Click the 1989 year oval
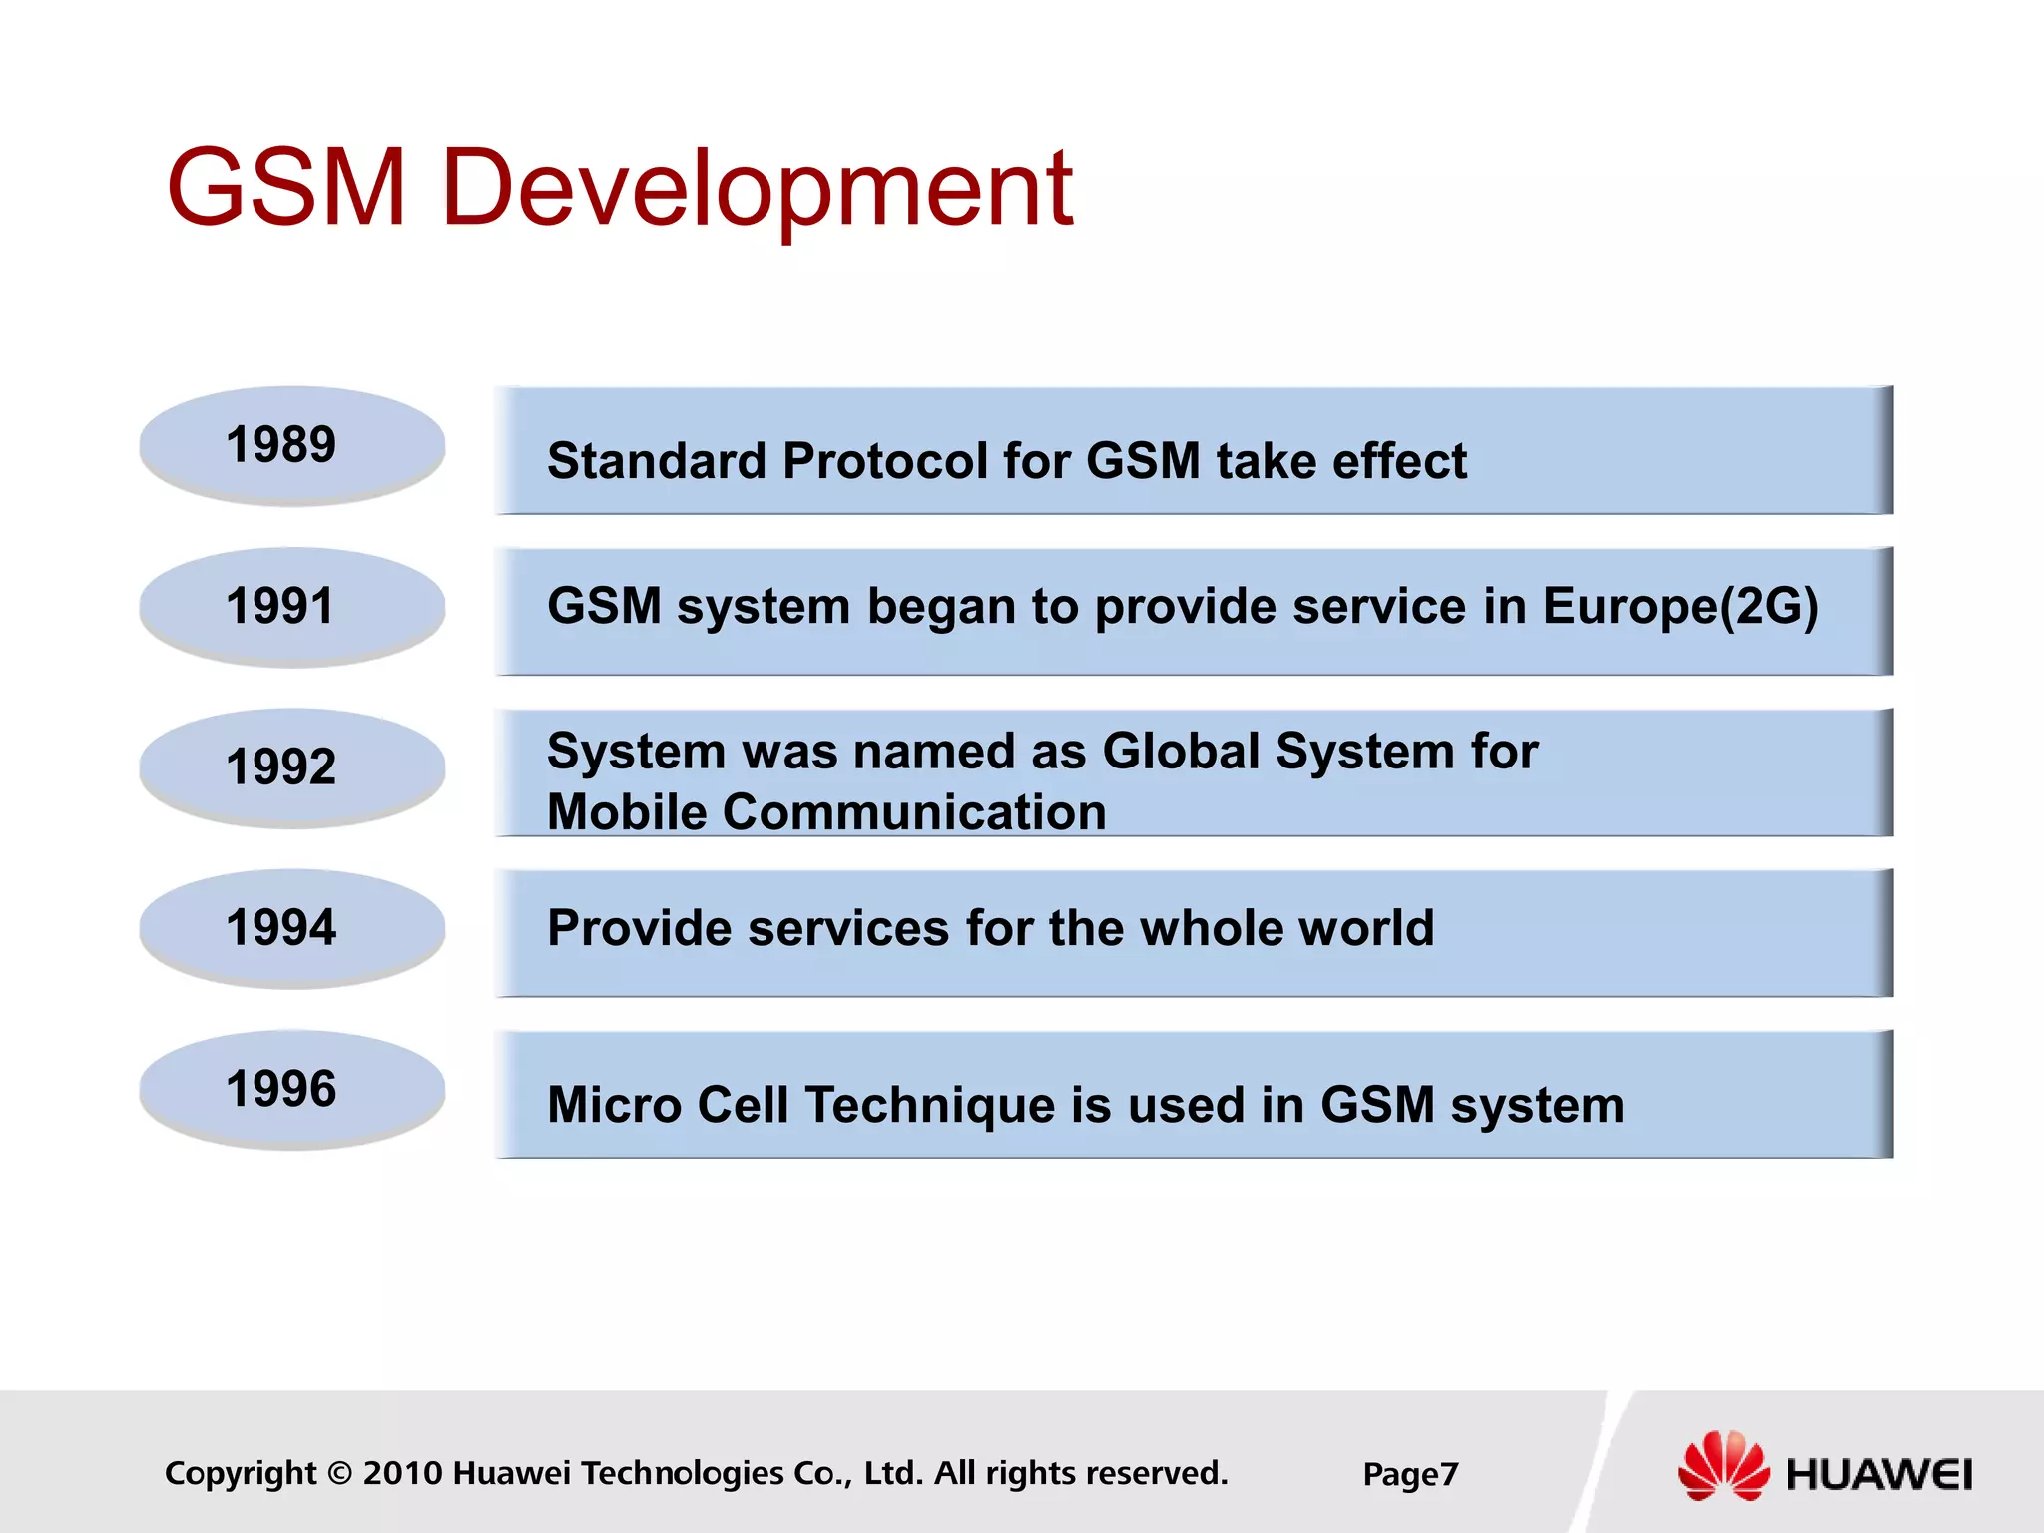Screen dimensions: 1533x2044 tap(291, 445)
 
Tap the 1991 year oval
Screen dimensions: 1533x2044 tap(291, 606)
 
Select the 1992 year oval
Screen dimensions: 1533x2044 tap(291, 767)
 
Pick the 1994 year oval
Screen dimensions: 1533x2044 tap(291, 928)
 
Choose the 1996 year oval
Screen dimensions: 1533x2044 tap(291, 1089)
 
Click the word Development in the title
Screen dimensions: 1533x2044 tap(757, 190)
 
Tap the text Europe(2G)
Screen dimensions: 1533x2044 tap(1681, 607)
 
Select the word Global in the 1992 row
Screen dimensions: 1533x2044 tap(1181, 751)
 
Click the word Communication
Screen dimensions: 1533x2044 tap(914, 811)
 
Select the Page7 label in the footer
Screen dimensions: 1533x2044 tap(1410, 1474)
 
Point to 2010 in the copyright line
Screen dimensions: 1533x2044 tap(402, 1473)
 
